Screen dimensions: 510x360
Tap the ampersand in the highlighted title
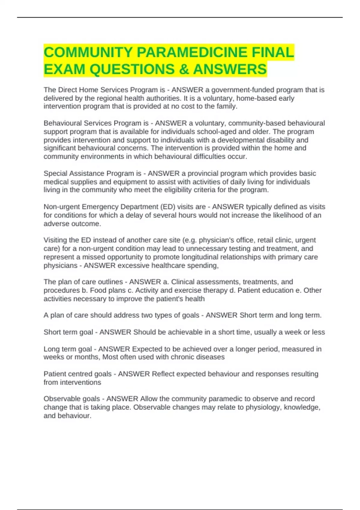point(184,69)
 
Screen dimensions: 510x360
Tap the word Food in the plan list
point(97,290)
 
